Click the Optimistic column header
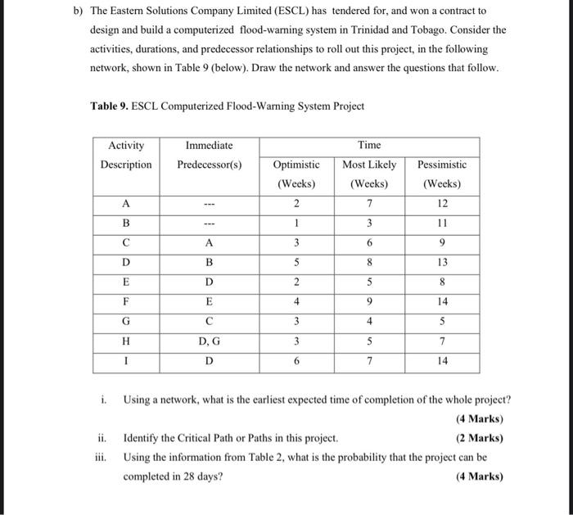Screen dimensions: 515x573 (x=296, y=165)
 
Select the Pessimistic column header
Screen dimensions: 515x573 (x=442, y=165)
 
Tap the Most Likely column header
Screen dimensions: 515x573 (x=369, y=165)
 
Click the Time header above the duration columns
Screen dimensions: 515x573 (x=369, y=145)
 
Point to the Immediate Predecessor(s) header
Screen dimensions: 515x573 (x=210, y=155)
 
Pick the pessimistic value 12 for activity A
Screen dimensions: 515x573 (x=442, y=203)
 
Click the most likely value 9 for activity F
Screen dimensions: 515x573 (x=369, y=301)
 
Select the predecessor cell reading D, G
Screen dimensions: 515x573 (x=210, y=341)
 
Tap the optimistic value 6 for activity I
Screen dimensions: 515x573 (x=296, y=360)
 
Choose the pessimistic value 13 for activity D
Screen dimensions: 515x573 (x=442, y=262)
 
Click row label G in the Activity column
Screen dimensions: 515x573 (x=126, y=321)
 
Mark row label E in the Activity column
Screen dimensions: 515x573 (x=126, y=282)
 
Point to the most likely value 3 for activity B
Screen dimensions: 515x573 (x=369, y=223)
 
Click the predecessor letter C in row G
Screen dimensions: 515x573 (x=210, y=321)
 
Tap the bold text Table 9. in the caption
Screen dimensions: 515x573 (x=109, y=106)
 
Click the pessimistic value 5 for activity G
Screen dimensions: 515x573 (x=442, y=321)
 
